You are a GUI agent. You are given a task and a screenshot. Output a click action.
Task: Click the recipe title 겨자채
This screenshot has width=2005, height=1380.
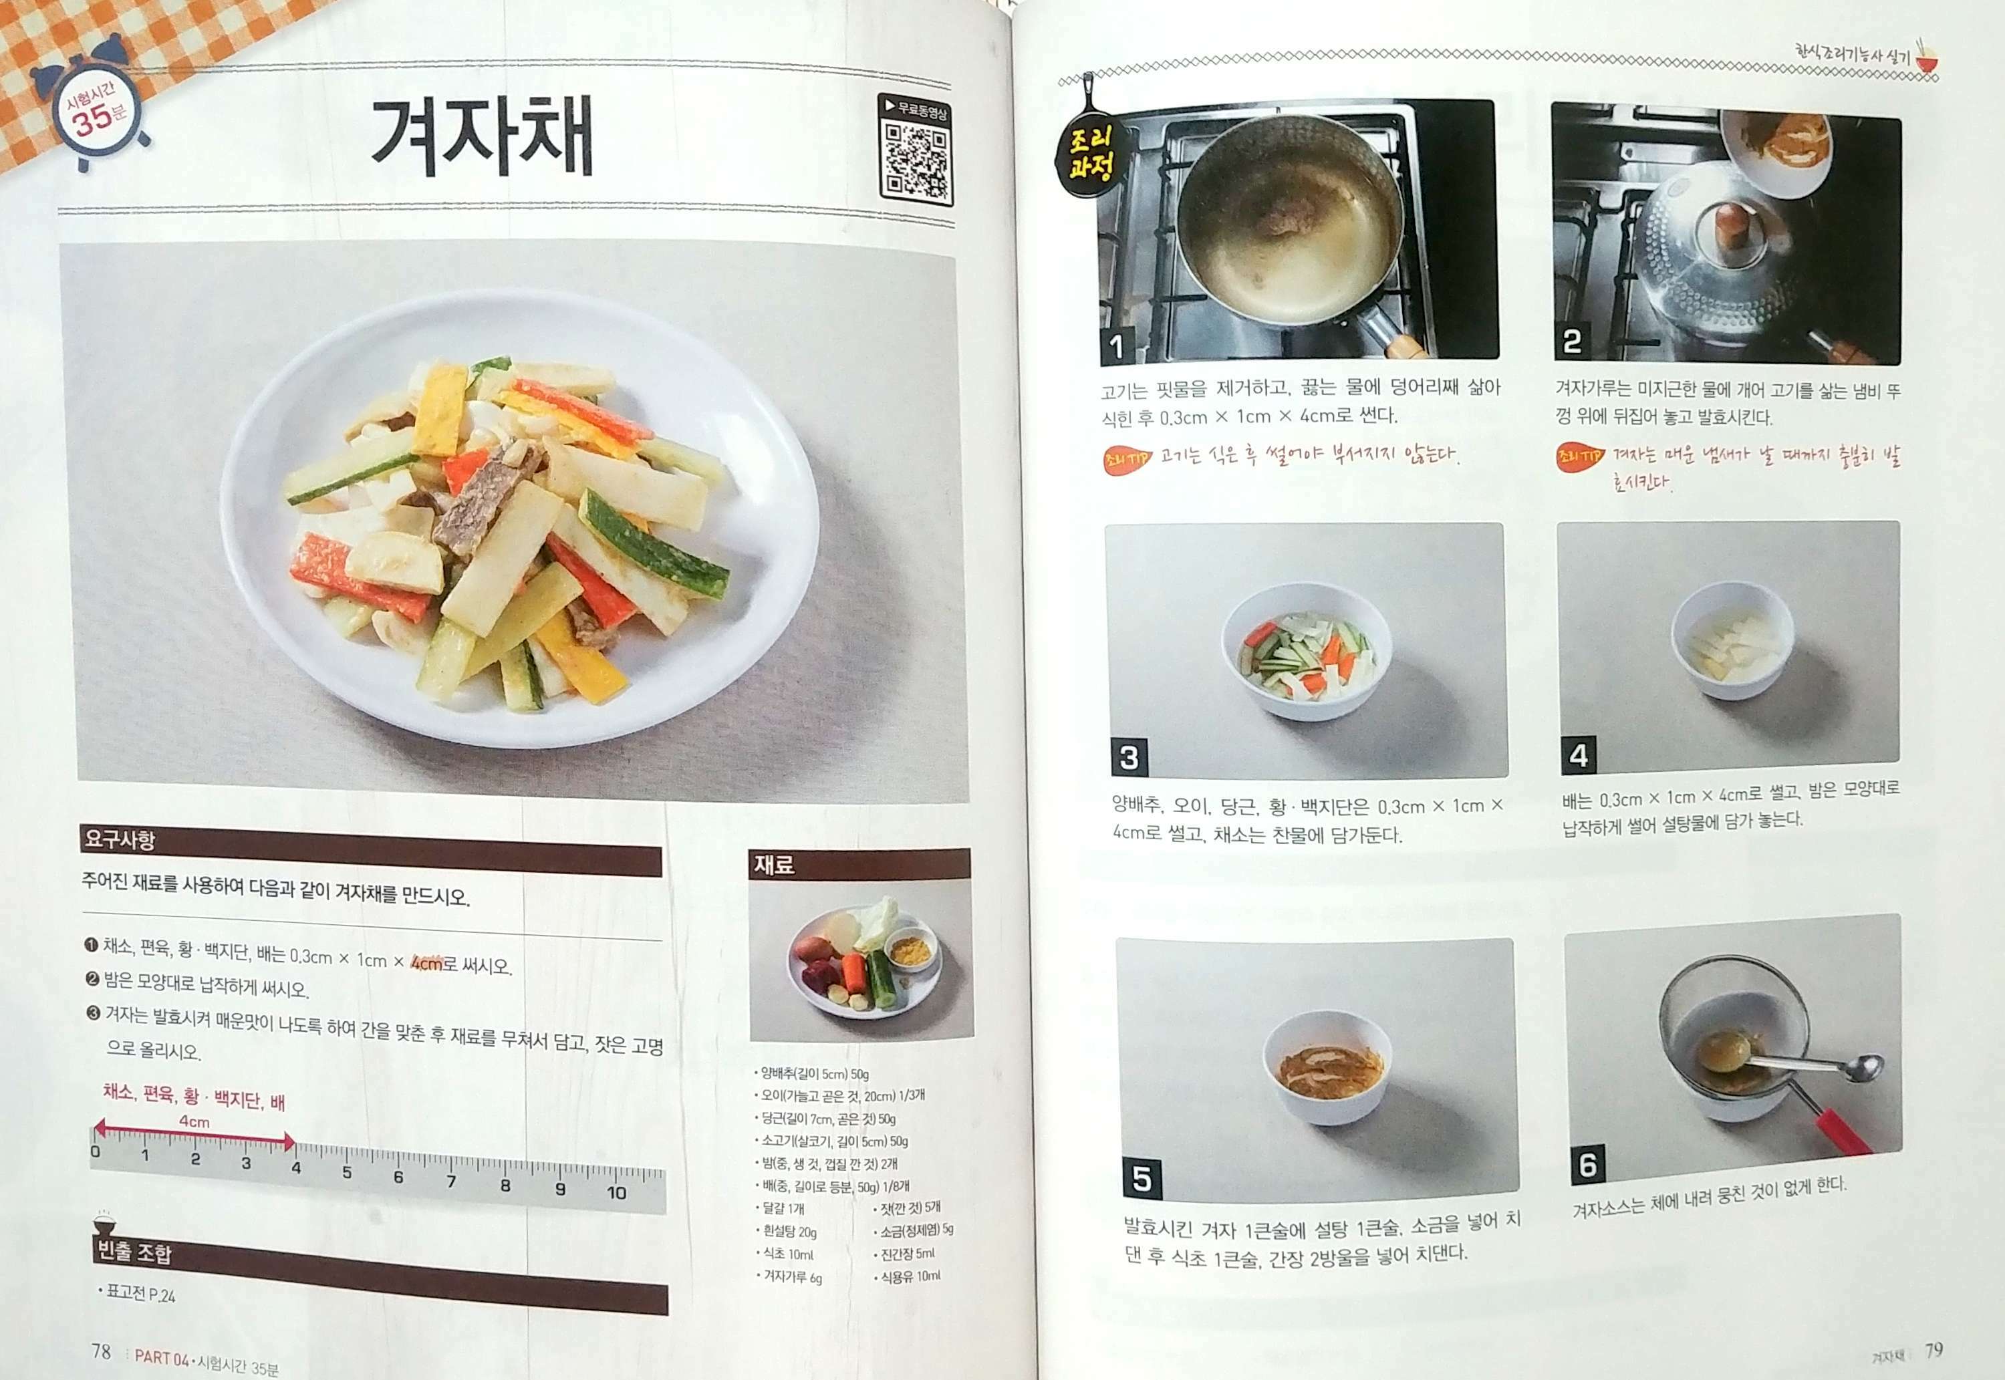pyautogui.click(x=482, y=136)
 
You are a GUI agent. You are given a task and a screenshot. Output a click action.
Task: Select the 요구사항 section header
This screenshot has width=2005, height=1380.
pyautogui.click(x=120, y=838)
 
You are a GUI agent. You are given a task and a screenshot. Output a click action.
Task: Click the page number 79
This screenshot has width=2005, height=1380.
pyautogui.click(x=1933, y=1350)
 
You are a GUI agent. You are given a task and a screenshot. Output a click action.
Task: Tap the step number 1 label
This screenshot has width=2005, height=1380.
pyautogui.click(x=1117, y=346)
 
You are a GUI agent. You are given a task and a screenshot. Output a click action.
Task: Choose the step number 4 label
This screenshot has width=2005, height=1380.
pyautogui.click(x=1578, y=755)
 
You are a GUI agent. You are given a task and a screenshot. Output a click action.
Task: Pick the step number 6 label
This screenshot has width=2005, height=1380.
pyautogui.click(x=1587, y=1164)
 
